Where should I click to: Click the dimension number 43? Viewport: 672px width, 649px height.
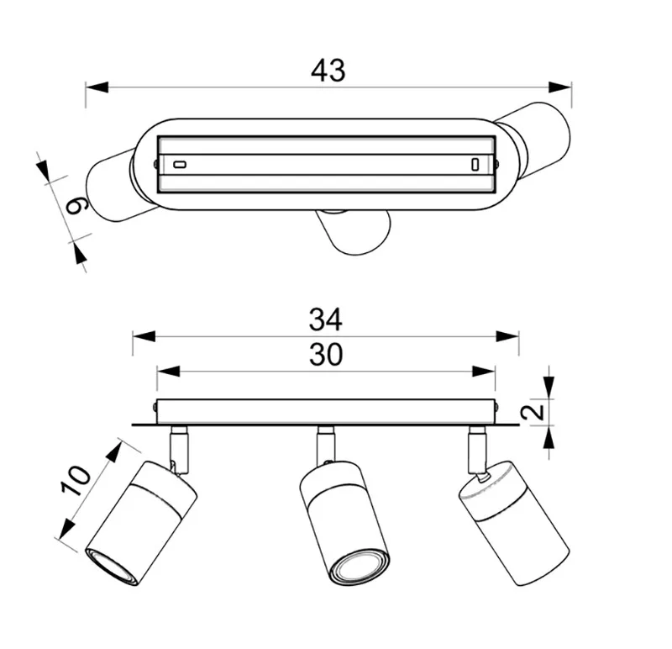point(328,71)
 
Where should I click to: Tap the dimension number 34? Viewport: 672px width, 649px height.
point(326,319)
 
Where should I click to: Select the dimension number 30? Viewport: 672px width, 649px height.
point(326,355)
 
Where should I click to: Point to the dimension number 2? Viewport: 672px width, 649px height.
point(533,411)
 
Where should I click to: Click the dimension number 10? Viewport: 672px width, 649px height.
point(76,480)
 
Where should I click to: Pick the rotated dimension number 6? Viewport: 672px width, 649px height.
point(77,205)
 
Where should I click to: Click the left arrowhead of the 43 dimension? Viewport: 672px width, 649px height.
point(97,87)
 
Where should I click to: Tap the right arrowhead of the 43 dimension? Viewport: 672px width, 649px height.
point(560,87)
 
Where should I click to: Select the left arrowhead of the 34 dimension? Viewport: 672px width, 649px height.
point(144,336)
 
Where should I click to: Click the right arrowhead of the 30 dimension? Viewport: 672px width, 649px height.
point(484,372)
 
